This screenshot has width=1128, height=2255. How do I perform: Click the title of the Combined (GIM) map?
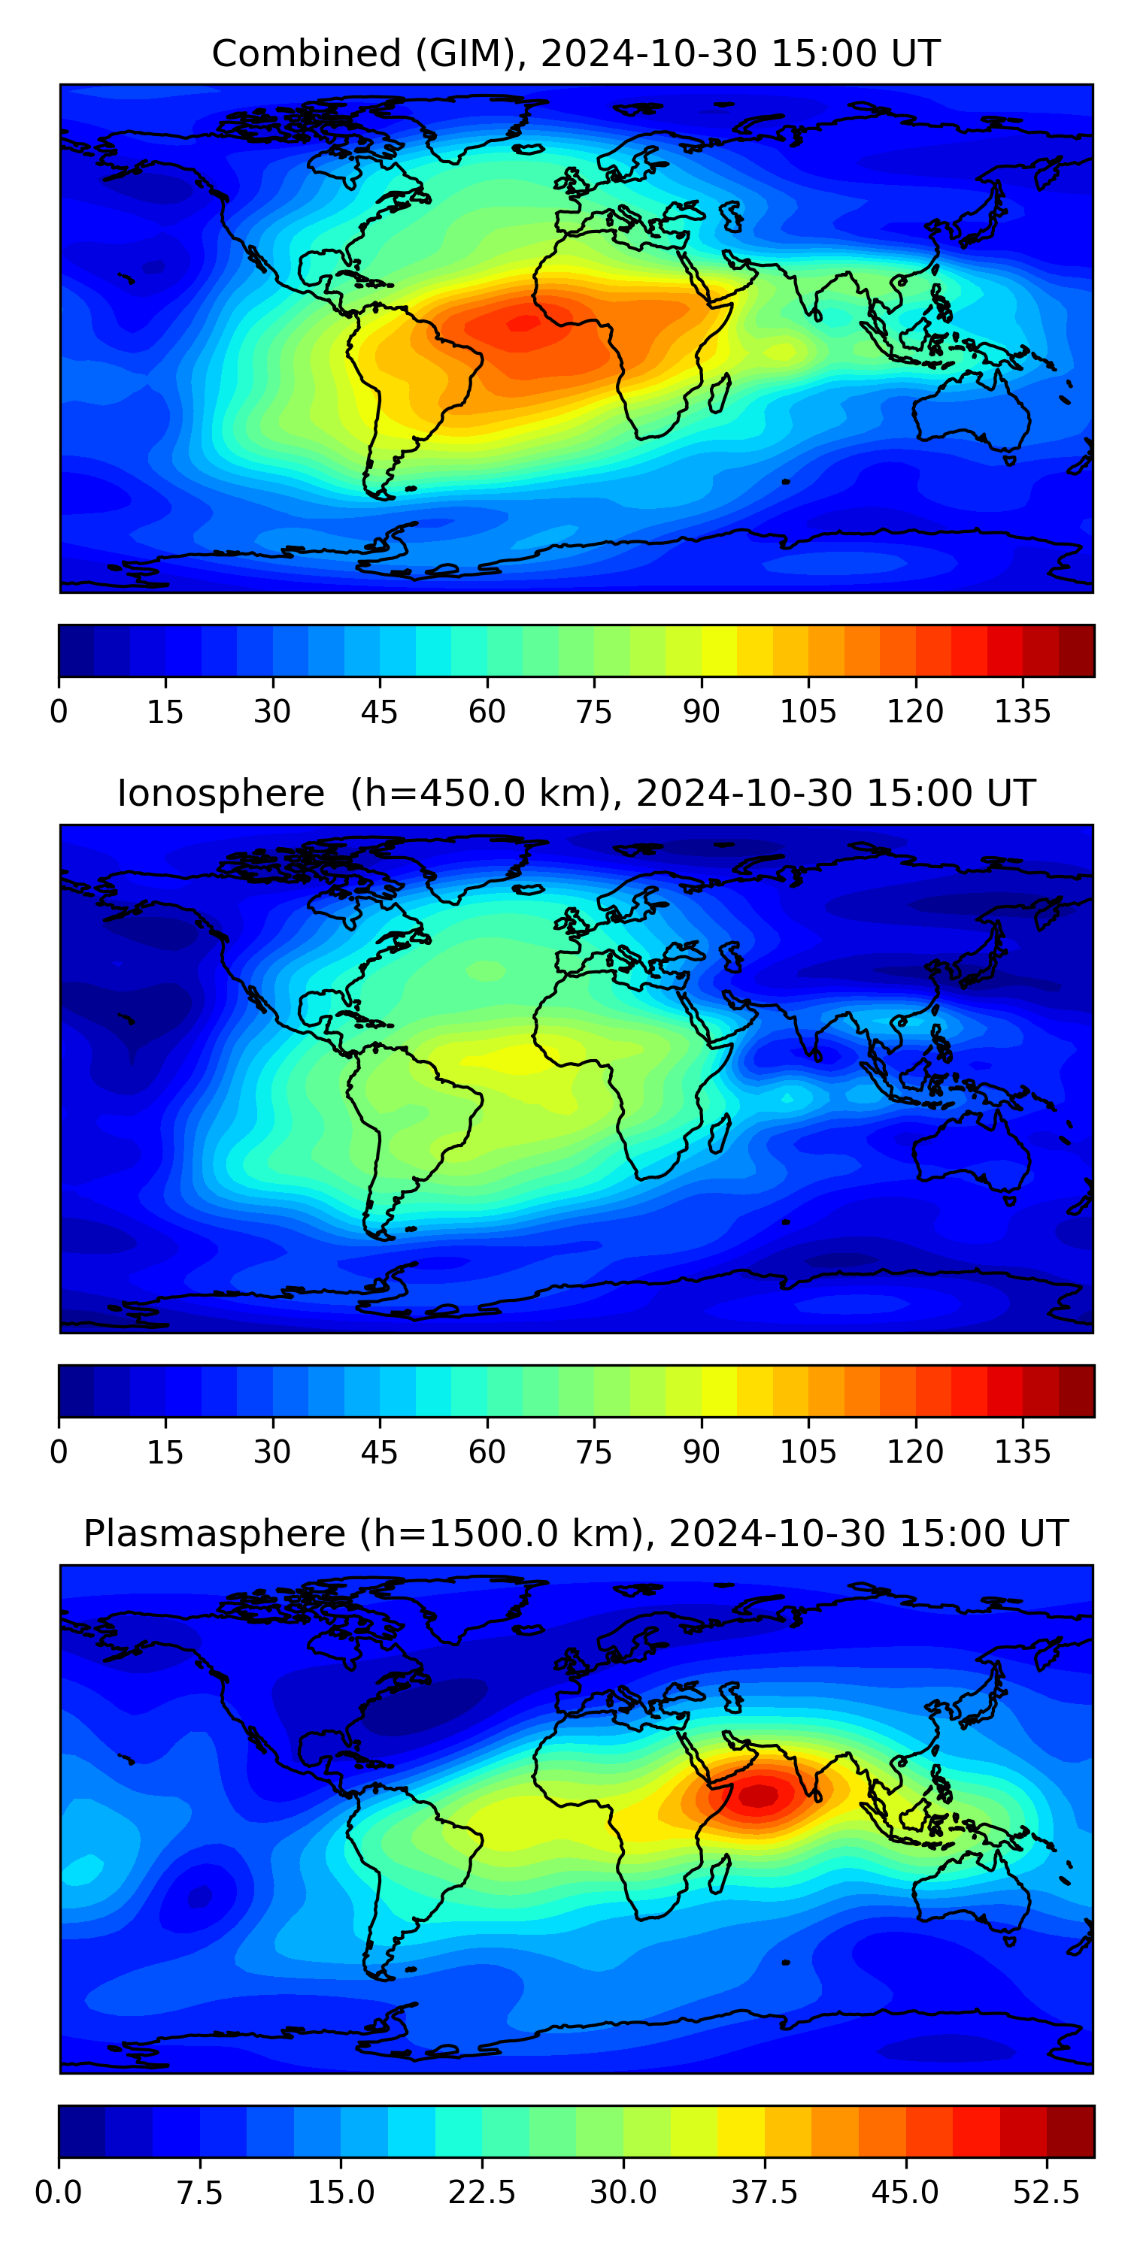tap(575, 53)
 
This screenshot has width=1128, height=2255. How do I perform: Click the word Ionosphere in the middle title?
tap(220, 793)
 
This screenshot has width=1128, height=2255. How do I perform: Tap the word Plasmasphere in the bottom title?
tap(214, 1533)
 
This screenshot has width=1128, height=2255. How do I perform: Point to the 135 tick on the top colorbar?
tap(1022, 711)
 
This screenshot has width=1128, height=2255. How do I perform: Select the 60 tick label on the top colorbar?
tap(487, 711)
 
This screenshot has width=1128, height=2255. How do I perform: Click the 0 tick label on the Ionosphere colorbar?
tap(59, 1451)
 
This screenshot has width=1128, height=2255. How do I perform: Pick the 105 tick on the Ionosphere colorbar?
tap(808, 1451)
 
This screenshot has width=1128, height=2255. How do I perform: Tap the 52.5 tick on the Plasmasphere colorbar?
tap(1047, 2193)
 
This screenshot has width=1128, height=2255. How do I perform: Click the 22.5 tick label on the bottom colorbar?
tap(482, 2193)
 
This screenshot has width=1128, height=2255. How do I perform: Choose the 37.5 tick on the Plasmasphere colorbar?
tap(765, 2193)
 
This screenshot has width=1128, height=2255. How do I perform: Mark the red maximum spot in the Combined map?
tap(523, 324)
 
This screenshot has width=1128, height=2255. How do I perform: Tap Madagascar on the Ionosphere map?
tap(720, 1134)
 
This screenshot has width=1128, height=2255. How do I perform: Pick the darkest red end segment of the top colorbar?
tap(1076, 650)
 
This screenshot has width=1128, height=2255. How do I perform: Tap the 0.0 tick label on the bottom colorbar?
tap(59, 2193)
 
